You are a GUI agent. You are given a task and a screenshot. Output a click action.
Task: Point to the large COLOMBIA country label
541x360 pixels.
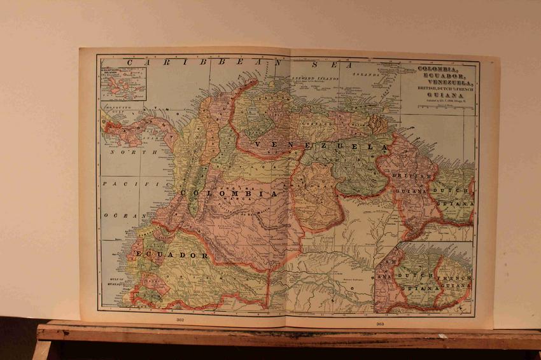[x=229, y=192]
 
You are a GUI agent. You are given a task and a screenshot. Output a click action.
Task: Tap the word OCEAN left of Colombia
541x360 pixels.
[x=121, y=216]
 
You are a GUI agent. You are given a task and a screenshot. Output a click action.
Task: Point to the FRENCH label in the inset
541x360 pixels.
[x=453, y=277]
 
